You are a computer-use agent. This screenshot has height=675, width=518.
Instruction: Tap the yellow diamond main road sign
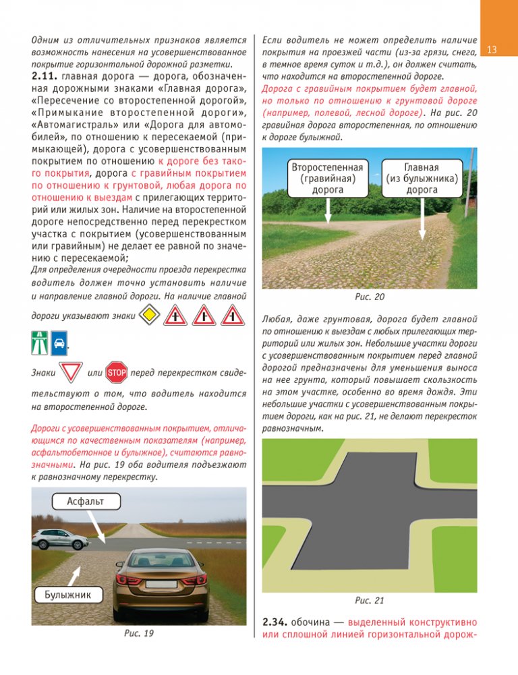point(150,315)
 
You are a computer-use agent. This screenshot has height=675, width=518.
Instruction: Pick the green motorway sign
point(40,343)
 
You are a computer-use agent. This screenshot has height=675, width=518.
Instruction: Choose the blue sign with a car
point(59,343)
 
